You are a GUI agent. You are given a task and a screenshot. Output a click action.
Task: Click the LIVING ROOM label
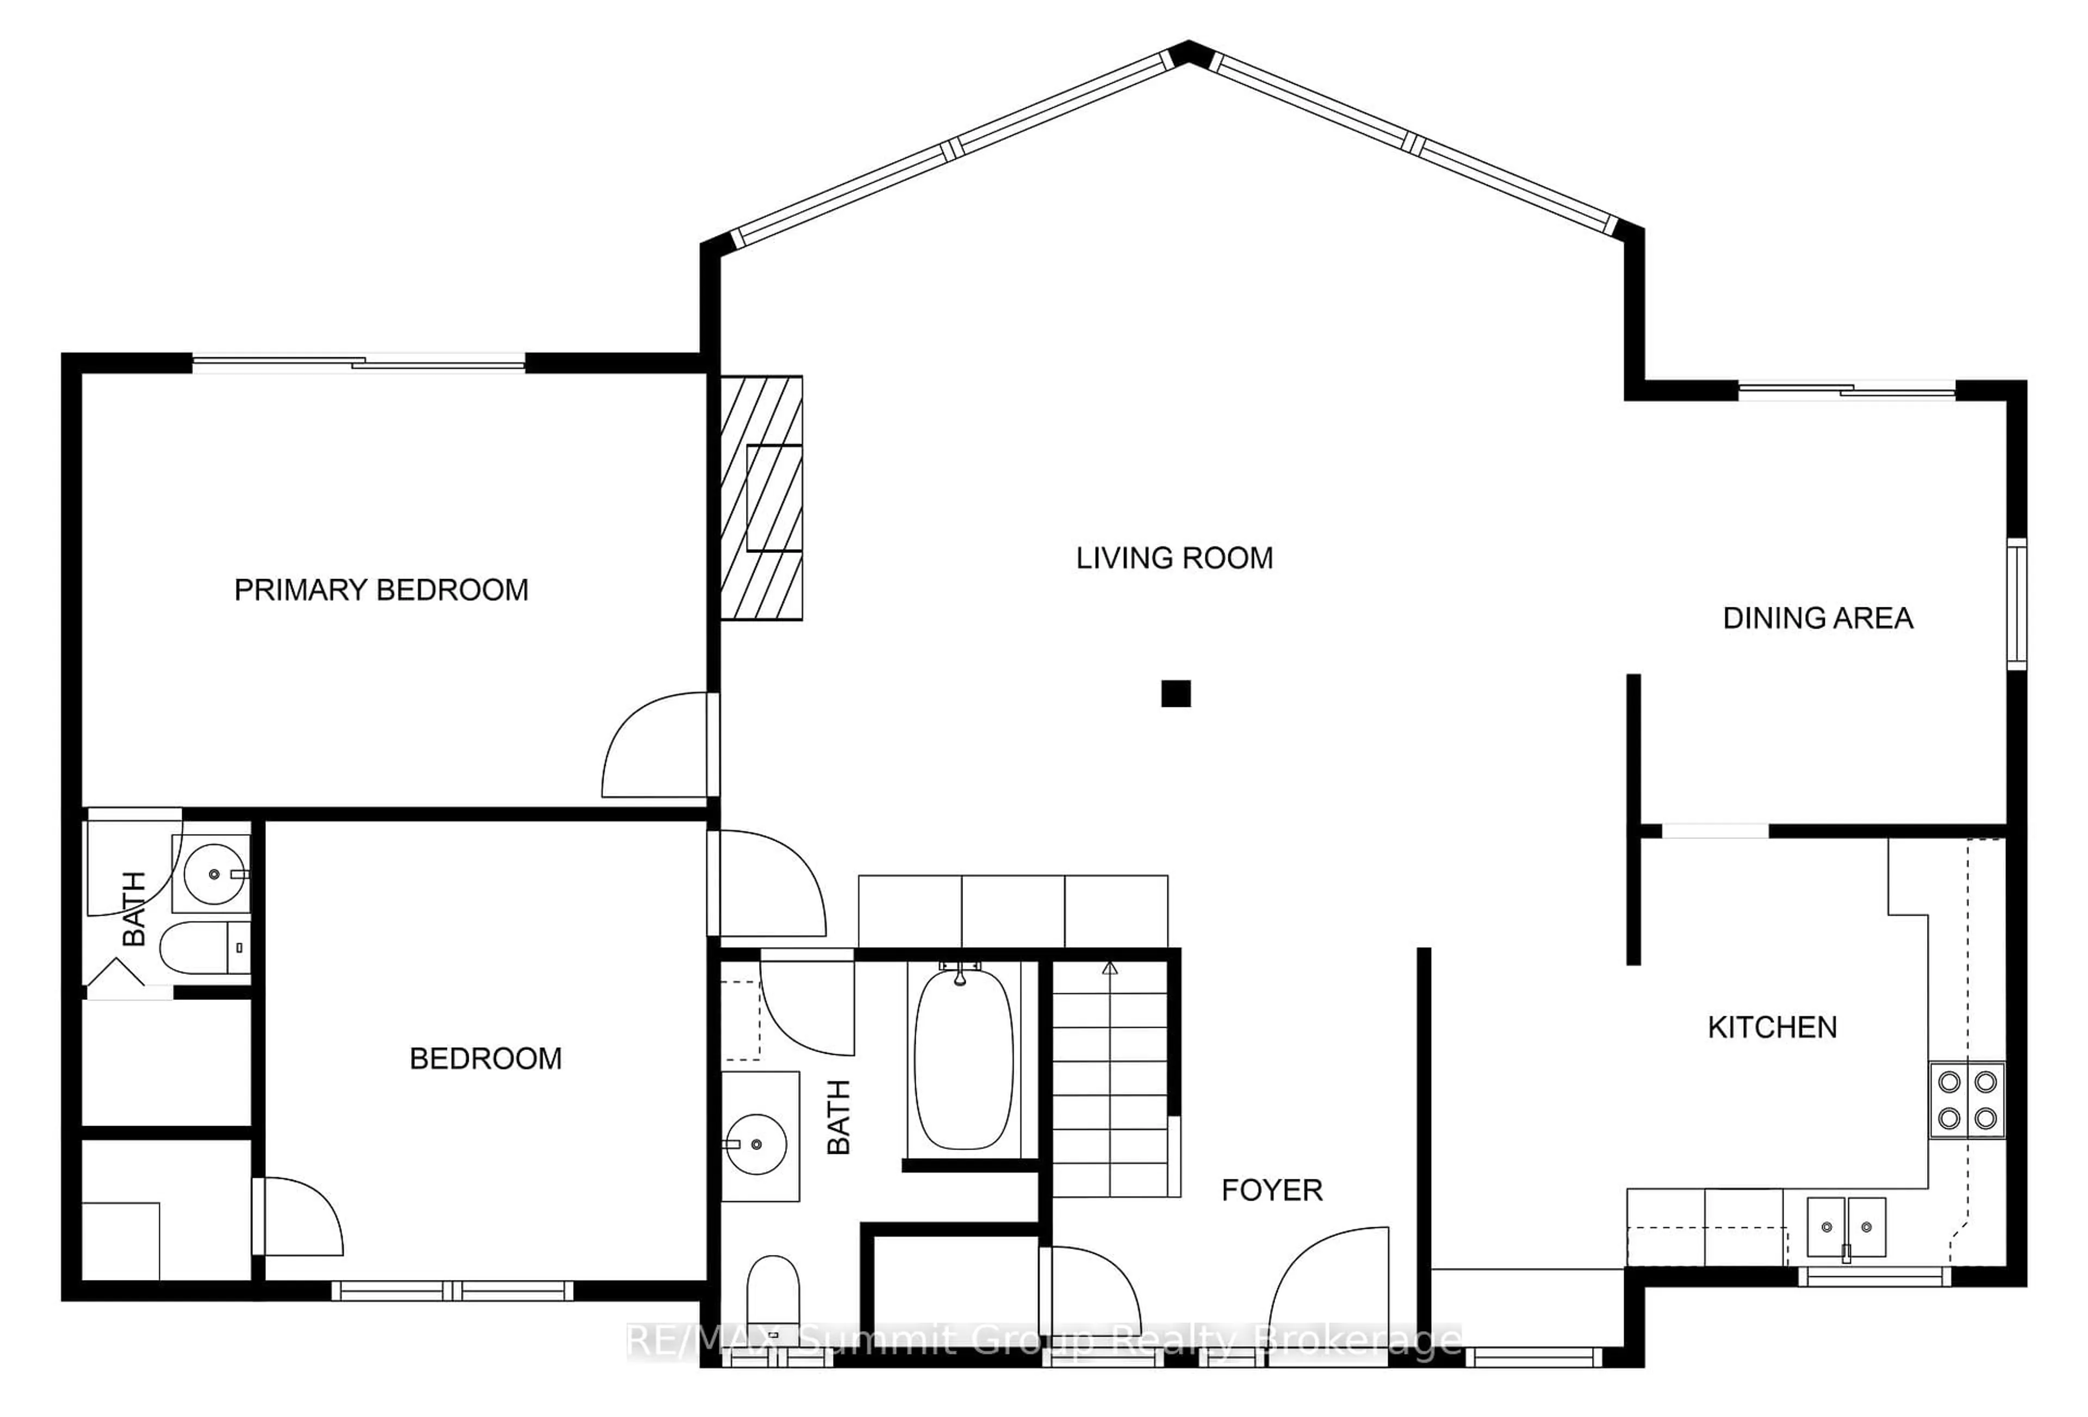point(1174,558)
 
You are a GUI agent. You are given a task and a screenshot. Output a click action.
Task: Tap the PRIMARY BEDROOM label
point(381,589)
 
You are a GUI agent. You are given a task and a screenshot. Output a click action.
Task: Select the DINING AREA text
point(1818,618)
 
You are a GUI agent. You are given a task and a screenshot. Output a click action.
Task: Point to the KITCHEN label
point(1772,1027)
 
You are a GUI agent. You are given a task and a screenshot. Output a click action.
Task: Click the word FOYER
point(1271,1191)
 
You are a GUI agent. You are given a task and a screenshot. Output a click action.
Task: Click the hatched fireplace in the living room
point(761,498)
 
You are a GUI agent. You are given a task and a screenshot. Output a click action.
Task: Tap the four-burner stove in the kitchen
point(1967,1100)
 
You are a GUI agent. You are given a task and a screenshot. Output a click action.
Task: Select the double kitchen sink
point(1845,1227)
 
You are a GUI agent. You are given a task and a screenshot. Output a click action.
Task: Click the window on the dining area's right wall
point(2017,603)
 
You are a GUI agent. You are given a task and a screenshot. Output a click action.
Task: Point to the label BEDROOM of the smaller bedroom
point(485,1059)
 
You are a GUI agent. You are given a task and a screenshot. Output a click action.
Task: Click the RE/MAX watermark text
point(1043,1341)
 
